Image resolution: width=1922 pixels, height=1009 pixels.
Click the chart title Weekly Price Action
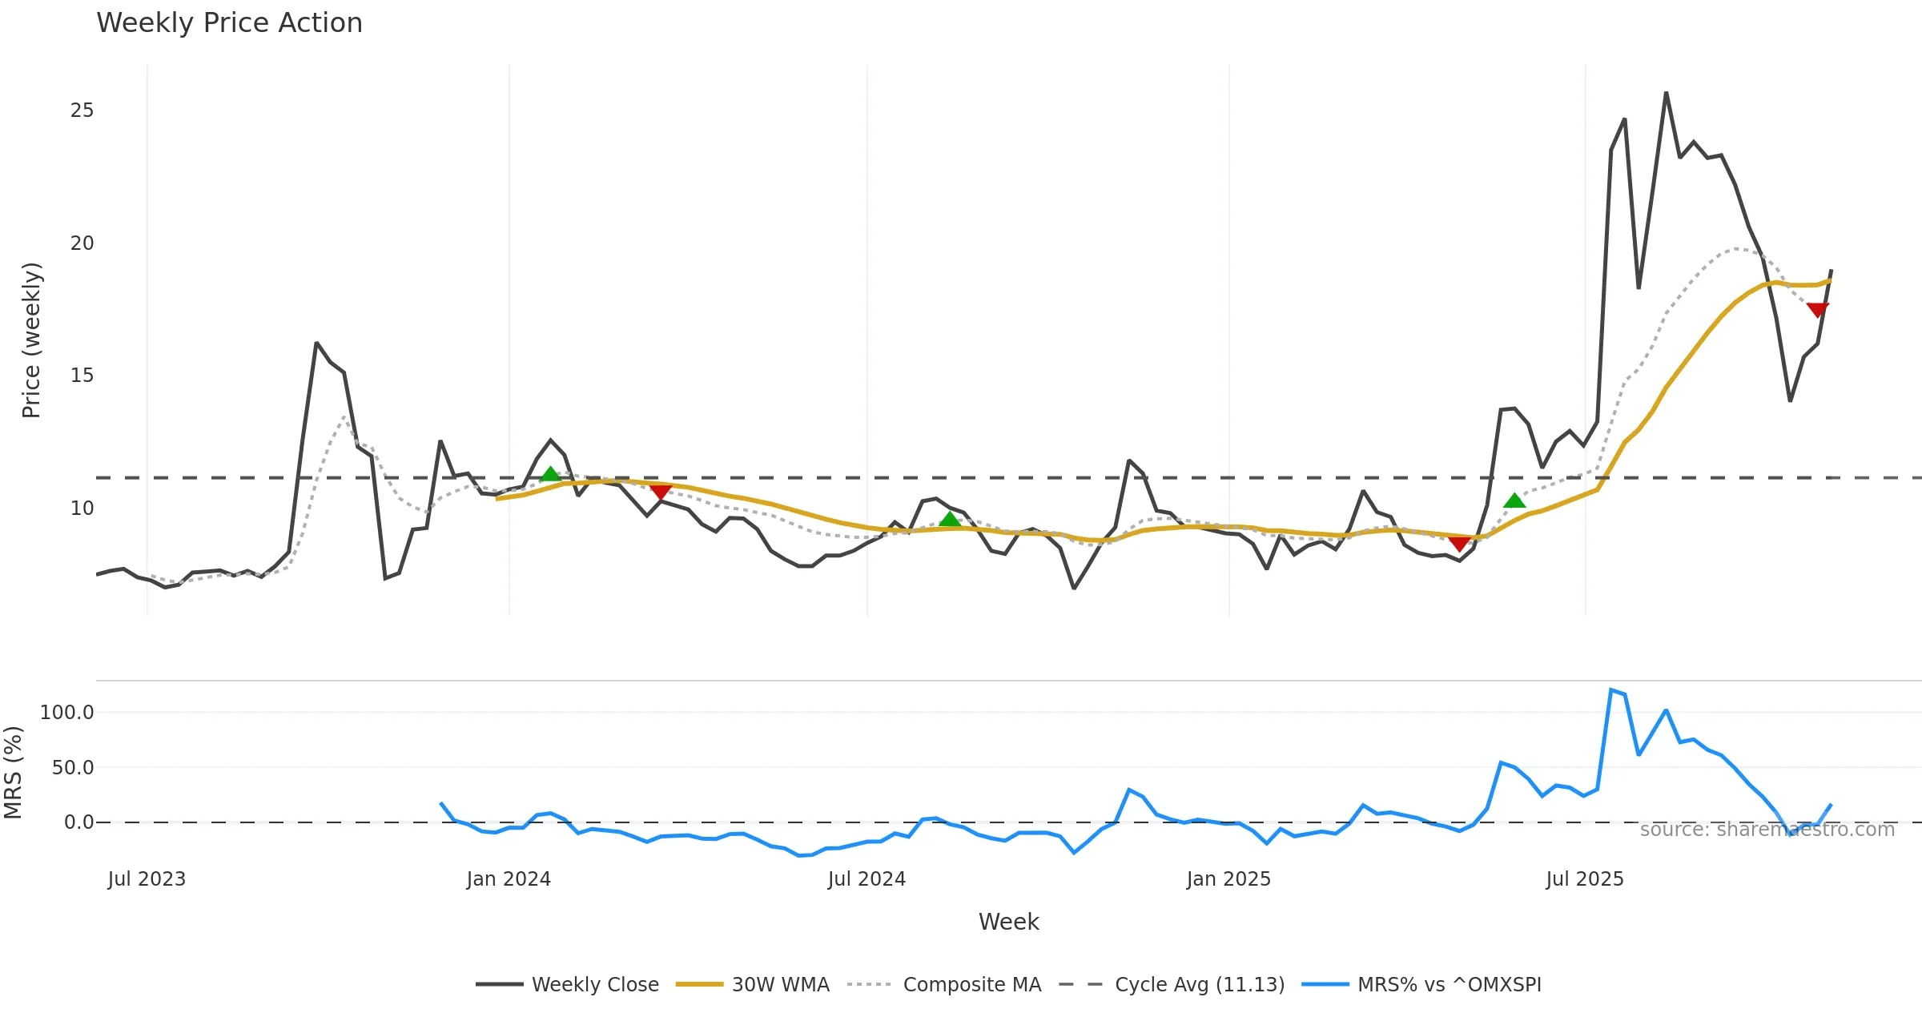229,23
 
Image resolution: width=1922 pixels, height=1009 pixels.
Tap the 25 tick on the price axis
82,111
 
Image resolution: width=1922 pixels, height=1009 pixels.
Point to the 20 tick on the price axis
82,243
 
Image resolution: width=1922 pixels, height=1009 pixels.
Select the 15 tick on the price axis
82,376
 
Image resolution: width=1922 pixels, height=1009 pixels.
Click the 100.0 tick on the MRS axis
67,713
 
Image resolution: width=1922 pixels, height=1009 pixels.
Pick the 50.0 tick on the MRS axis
73,768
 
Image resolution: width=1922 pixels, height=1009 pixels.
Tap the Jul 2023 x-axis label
147,879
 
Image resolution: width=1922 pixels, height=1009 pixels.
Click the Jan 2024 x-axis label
509,879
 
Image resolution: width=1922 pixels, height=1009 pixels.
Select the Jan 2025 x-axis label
1228,879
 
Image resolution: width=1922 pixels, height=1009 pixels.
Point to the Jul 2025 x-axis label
1585,879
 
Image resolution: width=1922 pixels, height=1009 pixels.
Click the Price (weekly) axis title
31,340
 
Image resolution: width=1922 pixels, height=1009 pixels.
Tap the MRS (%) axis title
13,773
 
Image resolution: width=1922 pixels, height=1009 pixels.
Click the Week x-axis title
1008,923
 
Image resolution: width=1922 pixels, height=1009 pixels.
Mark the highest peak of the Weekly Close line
1666,93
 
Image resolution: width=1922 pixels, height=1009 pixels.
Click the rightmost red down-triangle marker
1818,310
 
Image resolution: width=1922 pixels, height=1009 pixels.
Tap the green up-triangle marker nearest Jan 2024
550,475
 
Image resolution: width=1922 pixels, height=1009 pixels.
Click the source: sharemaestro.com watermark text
1767,830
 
